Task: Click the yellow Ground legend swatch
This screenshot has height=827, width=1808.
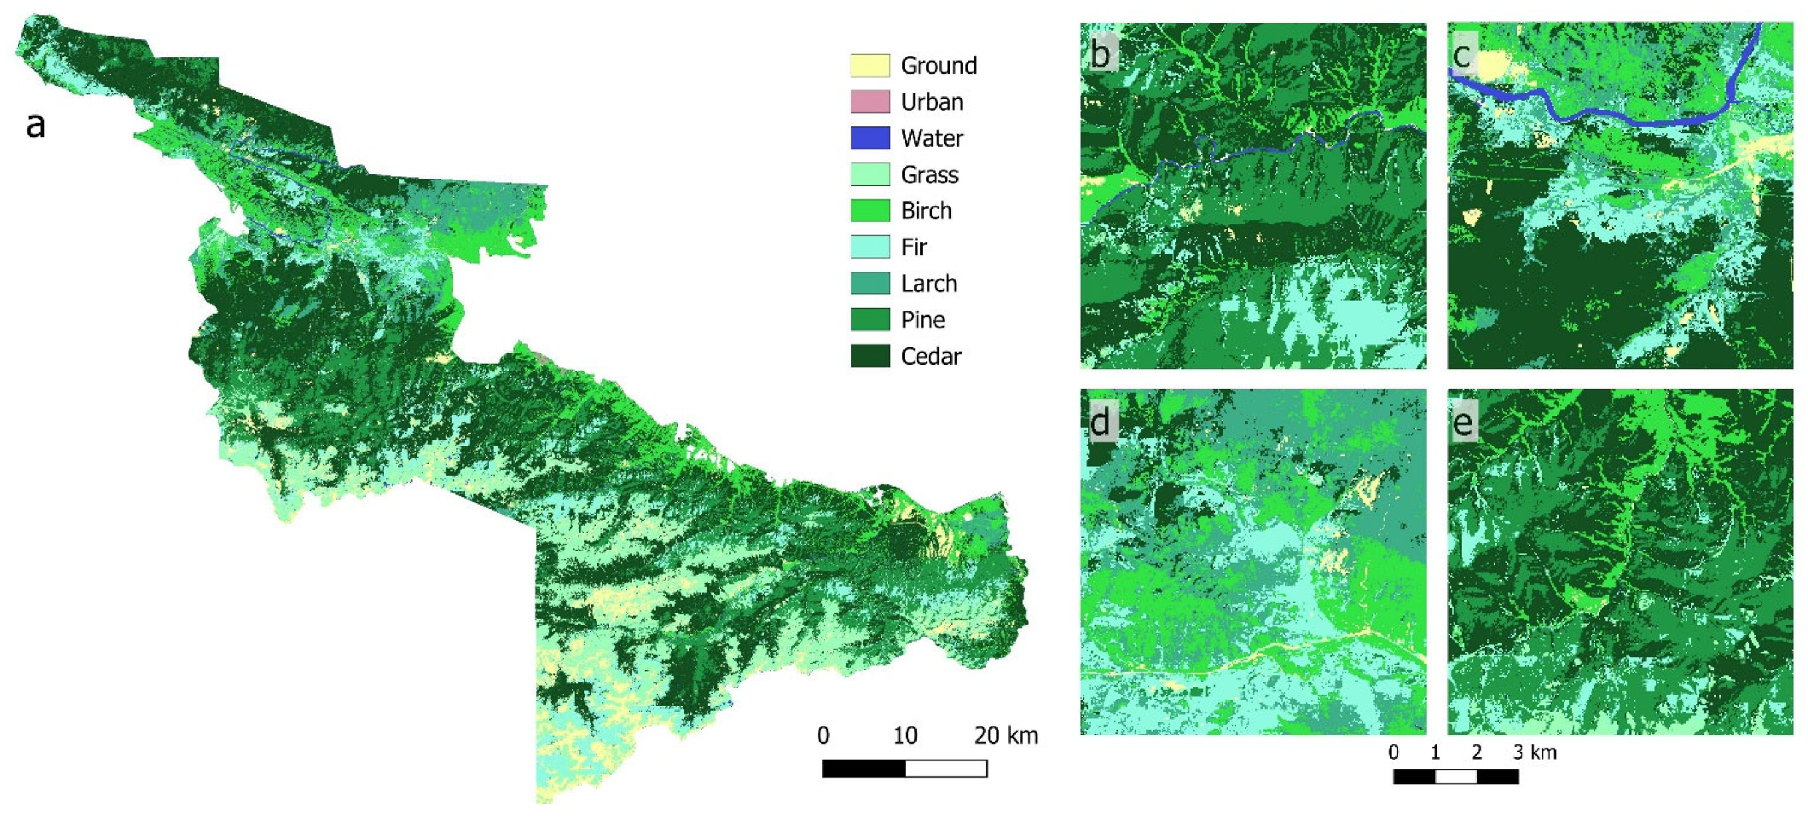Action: [x=870, y=66]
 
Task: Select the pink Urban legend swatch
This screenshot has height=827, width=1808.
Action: [x=870, y=101]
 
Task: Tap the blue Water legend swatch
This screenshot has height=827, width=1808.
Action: [x=870, y=138]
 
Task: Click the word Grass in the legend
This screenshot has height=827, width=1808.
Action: [x=930, y=175]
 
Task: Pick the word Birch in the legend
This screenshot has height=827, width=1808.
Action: [x=926, y=211]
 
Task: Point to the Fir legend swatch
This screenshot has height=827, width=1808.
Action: [x=870, y=247]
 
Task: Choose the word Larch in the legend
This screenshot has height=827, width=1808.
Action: [x=929, y=283]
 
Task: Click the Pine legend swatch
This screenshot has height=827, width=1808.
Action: [x=870, y=320]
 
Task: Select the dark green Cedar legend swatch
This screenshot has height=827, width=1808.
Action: [x=870, y=356]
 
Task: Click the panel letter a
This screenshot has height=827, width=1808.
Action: [x=35, y=125]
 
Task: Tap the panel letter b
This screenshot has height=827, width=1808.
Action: [x=1100, y=55]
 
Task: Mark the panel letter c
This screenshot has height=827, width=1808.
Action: [x=1462, y=55]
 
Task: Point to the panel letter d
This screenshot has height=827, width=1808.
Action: [x=1100, y=421]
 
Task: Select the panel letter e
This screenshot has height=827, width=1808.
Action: [x=1463, y=422]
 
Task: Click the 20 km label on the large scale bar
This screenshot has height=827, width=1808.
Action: [x=1006, y=735]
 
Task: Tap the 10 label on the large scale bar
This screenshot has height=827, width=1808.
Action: [x=905, y=735]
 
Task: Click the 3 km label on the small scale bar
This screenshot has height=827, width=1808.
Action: [x=1535, y=752]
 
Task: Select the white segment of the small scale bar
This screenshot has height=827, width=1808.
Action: [x=1456, y=777]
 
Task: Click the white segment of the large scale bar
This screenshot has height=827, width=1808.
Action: [x=946, y=769]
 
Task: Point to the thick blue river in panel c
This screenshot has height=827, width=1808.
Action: [x=1603, y=118]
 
